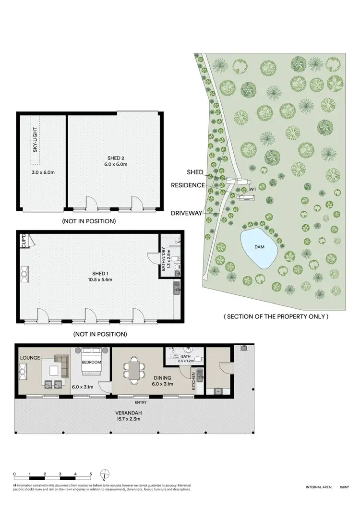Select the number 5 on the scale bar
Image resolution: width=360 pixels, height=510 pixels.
[x=91, y=474]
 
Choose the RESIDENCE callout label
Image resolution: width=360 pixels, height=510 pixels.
[x=188, y=185]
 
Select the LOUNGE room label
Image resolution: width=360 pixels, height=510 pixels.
[x=30, y=358]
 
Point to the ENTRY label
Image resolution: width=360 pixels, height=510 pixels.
[x=141, y=402]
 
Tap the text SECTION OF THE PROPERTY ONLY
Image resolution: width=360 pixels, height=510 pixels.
[x=276, y=316]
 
